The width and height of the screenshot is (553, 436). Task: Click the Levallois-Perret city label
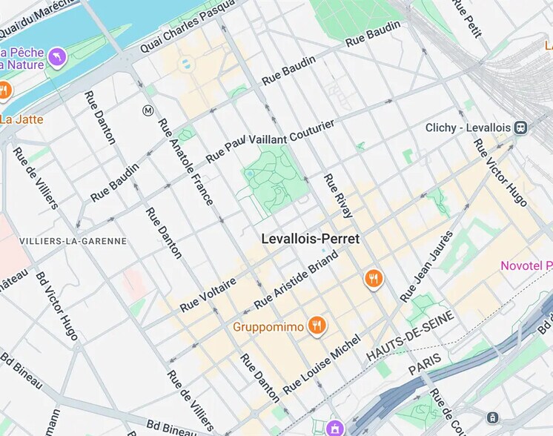click(310, 239)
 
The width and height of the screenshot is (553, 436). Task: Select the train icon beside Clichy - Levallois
click(521, 128)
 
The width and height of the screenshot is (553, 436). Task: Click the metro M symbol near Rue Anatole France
click(148, 110)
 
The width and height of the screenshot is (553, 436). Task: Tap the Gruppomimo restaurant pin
click(317, 326)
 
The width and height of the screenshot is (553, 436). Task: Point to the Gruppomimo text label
click(269, 326)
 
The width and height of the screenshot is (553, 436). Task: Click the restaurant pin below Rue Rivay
click(374, 279)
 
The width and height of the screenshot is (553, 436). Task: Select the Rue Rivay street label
click(338, 196)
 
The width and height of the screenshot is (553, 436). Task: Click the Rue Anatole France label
click(187, 162)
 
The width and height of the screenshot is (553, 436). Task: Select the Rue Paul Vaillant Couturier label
click(270, 140)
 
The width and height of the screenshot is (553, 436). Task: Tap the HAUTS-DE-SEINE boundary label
click(410, 337)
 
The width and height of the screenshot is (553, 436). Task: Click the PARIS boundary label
click(425, 363)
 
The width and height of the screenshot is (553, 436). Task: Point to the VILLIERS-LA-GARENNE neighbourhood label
click(73, 241)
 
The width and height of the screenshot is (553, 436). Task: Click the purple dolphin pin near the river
click(57, 56)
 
